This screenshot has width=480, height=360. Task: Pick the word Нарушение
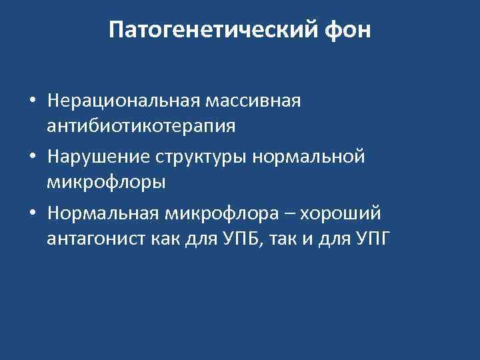point(99,157)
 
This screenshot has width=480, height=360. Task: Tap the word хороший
point(341,214)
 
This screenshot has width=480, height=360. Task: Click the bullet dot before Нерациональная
point(32,102)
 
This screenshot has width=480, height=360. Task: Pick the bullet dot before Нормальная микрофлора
point(32,215)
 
